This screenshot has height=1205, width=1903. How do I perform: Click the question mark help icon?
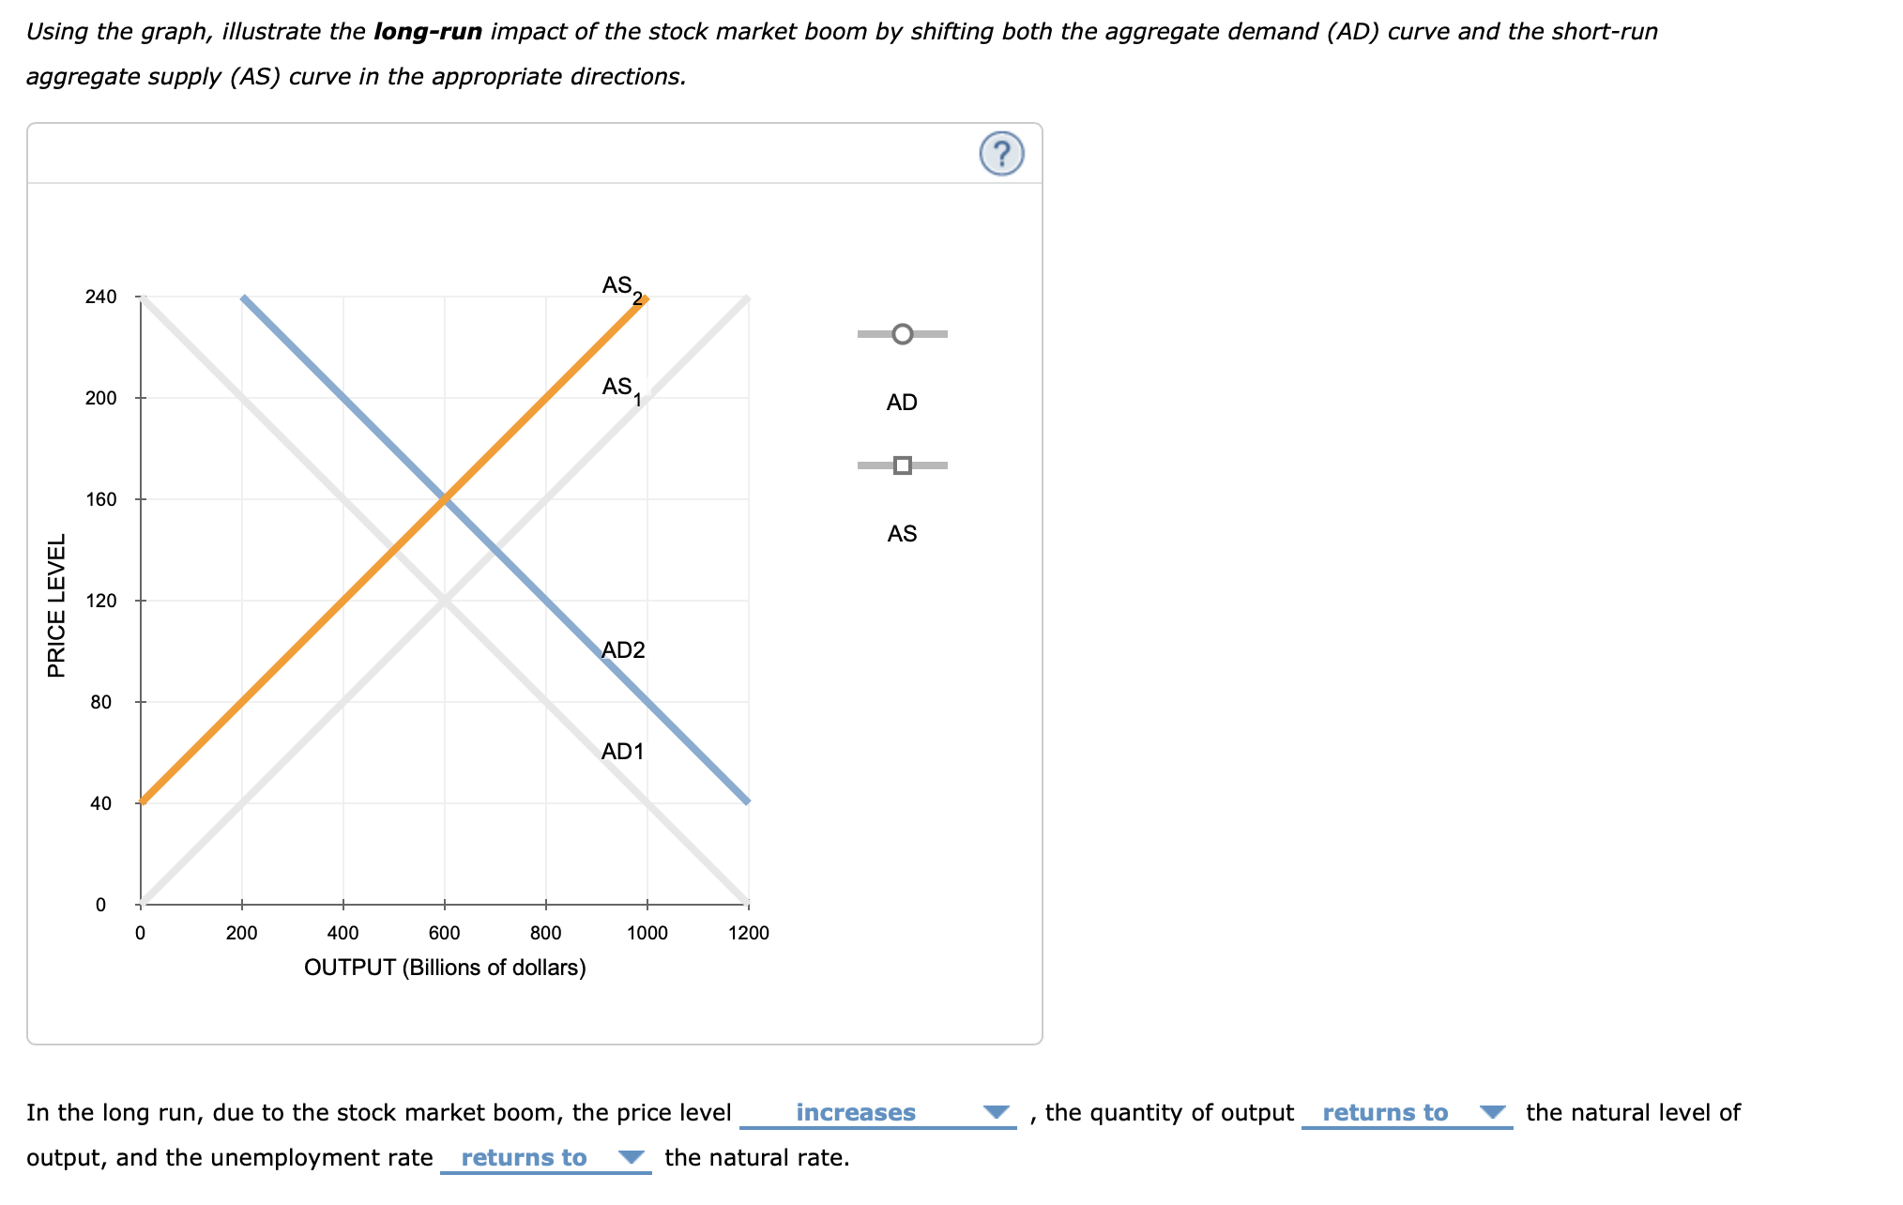1001,153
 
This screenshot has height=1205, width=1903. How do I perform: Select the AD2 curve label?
623,650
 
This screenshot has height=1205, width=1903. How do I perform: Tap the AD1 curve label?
622,752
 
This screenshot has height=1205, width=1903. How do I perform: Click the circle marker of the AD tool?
902,334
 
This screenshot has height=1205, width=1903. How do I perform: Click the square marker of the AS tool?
902,465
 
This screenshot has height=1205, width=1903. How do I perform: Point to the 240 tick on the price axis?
101,297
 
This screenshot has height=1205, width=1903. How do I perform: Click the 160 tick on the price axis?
101,499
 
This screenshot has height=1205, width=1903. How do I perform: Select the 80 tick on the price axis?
101,702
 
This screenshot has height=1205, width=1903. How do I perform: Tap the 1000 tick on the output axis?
647,933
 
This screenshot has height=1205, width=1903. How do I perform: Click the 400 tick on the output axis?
343,933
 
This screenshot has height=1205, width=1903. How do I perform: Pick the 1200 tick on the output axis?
749,933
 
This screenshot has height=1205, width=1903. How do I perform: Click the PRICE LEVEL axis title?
57,605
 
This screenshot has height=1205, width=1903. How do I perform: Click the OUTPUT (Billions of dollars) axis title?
445,968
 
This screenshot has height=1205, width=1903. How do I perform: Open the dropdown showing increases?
877,1113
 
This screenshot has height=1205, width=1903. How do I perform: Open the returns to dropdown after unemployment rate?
545,1158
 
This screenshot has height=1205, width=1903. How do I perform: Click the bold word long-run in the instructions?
428,32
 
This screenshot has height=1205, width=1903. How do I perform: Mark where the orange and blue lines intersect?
445,499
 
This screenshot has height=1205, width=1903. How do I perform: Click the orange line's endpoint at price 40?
142,802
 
